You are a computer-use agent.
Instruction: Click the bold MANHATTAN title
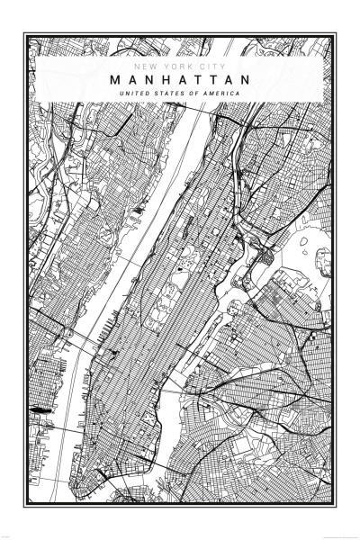[x=180, y=80]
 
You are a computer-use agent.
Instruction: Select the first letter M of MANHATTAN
[x=115, y=80]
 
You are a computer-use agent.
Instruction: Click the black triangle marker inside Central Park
[x=181, y=267]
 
